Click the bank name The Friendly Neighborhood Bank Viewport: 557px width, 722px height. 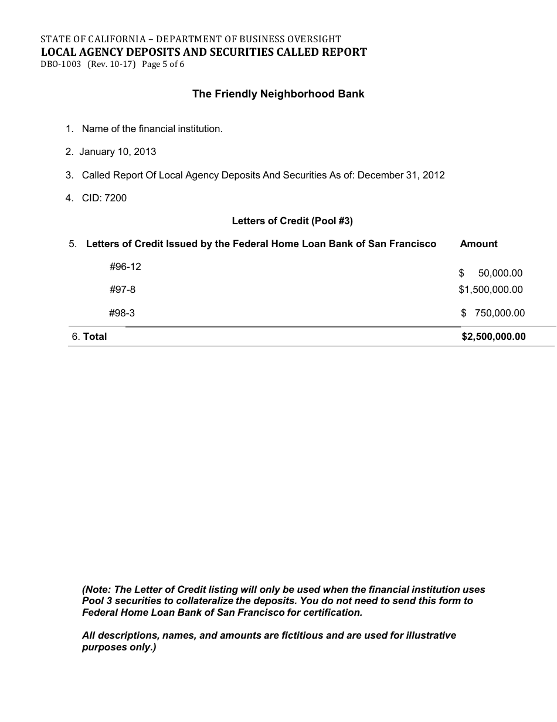(x=278, y=94)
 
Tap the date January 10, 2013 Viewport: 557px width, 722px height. (x=118, y=152)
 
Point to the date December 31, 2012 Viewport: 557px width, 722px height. (x=401, y=175)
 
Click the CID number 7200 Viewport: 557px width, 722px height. (x=116, y=198)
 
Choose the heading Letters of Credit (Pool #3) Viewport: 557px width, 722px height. (x=292, y=221)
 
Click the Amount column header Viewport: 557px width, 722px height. (x=478, y=244)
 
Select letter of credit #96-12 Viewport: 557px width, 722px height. (x=125, y=266)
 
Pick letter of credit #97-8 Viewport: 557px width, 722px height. (x=122, y=289)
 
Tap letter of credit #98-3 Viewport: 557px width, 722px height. (x=122, y=313)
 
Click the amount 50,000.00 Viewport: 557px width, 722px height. (x=500, y=273)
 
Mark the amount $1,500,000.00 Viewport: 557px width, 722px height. (x=490, y=289)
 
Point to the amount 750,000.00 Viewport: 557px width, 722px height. (x=500, y=313)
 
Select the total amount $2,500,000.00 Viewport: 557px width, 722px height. (x=494, y=336)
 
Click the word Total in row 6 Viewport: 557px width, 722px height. (x=95, y=336)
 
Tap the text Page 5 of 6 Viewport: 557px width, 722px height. (x=163, y=65)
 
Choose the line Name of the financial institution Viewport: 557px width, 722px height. (x=152, y=129)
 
